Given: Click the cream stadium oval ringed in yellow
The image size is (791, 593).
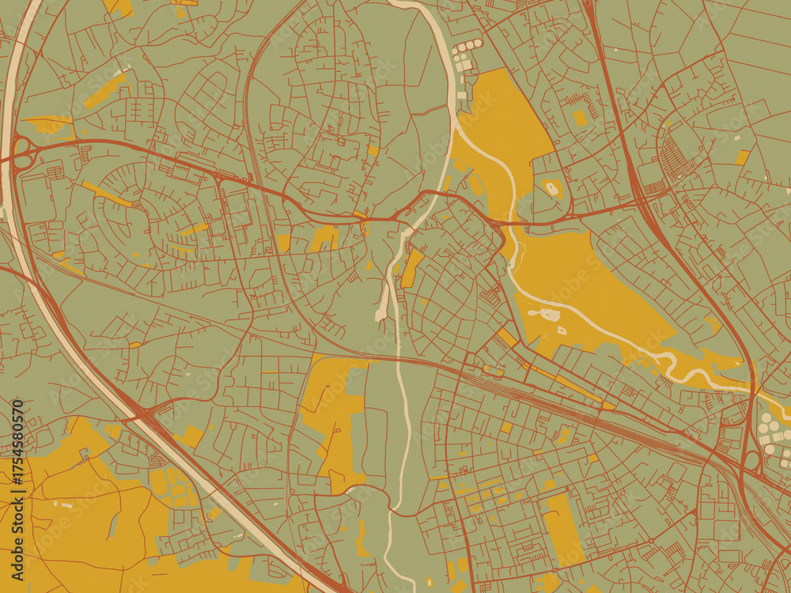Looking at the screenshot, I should [x=551, y=188].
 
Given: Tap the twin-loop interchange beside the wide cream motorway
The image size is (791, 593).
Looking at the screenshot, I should [x=22, y=153].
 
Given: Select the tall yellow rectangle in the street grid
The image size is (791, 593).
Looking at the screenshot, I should [x=563, y=529].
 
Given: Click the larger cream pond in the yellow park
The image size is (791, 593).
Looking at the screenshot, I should [x=549, y=315].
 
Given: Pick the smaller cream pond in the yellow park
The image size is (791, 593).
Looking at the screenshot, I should [x=562, y=330].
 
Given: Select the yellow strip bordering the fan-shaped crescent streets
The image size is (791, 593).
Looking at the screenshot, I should [x=107, y=194].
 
